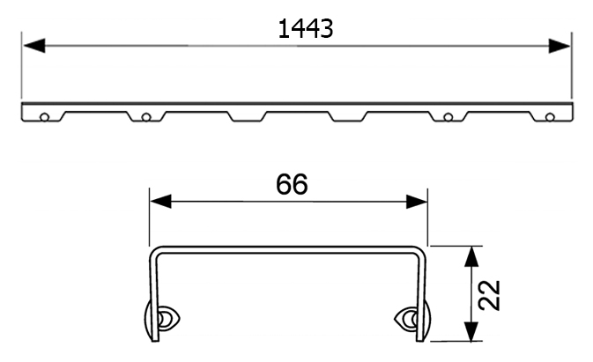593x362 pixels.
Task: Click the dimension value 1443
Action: (x=306, y=29)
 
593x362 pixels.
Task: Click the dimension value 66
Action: (x=292, y=184)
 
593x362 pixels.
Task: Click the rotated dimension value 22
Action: (x=489, y=295)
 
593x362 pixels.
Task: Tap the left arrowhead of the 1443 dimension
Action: (x=34, y=46)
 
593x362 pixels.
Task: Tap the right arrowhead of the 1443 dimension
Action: (x=560, y=46)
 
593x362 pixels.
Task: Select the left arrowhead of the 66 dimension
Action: (x=160, y=202)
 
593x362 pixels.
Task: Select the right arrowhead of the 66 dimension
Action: (x=417, y=202)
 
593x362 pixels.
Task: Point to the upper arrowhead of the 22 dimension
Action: (x=471, y=257)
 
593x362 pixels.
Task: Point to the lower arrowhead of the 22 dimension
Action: (x=471, y=331)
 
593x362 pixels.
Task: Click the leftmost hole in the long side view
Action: (x=44, y=117)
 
